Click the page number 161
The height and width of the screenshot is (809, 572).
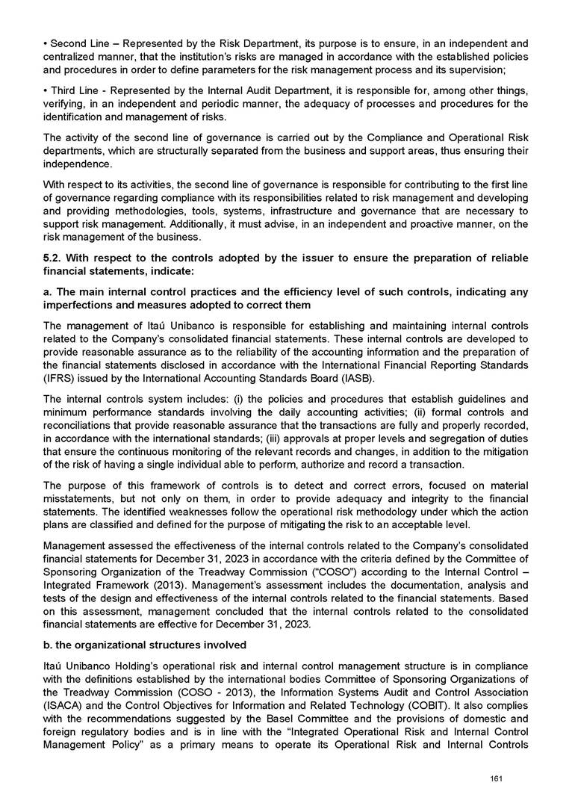pos(494,779)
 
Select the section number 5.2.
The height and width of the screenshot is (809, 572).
pos(54,258)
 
